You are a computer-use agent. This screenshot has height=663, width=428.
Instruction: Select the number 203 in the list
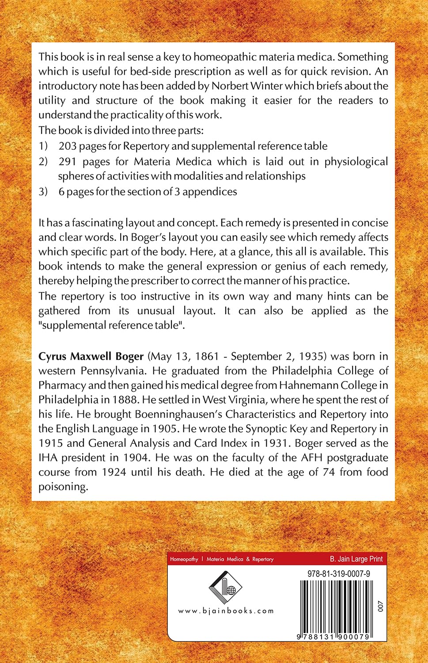(x=68, y=146)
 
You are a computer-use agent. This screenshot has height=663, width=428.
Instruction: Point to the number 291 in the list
(x=68, y=161)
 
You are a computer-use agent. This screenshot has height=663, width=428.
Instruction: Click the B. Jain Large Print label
(x=356, y=559)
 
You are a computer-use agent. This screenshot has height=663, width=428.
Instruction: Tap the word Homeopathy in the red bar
(x=184, y=559)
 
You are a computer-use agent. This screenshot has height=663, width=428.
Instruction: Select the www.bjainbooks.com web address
(x=226, y=611)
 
